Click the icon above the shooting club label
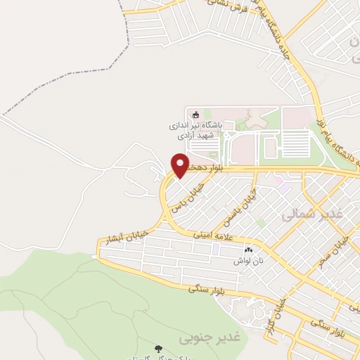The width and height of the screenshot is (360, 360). tap(195, 115)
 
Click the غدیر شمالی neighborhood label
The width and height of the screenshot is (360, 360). tap(316, 214)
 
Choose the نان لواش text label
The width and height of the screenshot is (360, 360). tap(247, 260)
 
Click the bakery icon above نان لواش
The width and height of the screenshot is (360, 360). tap(247, 250)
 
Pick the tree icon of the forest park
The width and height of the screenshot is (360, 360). tap(158, 348)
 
